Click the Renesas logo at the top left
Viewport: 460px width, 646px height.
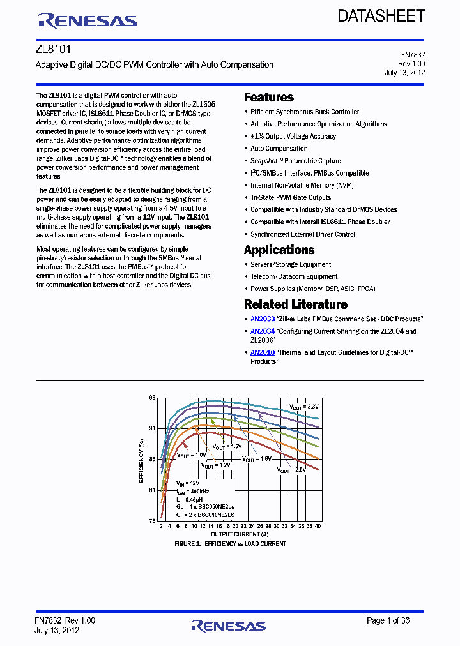pyautogui.click(x=88, y=20)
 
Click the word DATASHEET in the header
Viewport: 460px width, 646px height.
pyautogui.click(x=381, y=16)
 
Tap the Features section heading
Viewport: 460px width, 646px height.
pyautogui.click(x=268, y=98)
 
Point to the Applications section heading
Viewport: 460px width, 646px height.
pyautogui.click(x=279, y=250)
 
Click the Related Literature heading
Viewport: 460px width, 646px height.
pyautogui.click(x=295, y=304)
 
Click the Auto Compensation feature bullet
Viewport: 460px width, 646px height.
pyautogui.click(x=279, y=149)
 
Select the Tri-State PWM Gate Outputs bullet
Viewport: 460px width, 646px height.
pyautogui.click(x=291, y=197)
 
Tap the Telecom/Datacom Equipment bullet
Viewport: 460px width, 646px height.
pyautogui.click(x=293, y=276)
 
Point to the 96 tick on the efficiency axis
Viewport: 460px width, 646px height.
pyautogui.click(x=152, y=398)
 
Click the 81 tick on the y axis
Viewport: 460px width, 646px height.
pyautogui.click(x=152, y=490)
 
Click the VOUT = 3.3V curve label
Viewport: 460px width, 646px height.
pyautogui.click(x=303, y=407)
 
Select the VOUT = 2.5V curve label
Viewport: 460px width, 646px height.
pyautogui.click(x=291, y=469)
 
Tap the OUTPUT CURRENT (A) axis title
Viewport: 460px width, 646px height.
pyautogui.click(x=240, y=534)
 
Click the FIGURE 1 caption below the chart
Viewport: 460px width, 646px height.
pyautogui.click(x=230, y=544)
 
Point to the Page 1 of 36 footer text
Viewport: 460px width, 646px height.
pyautogui.click(x=388, y=620)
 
